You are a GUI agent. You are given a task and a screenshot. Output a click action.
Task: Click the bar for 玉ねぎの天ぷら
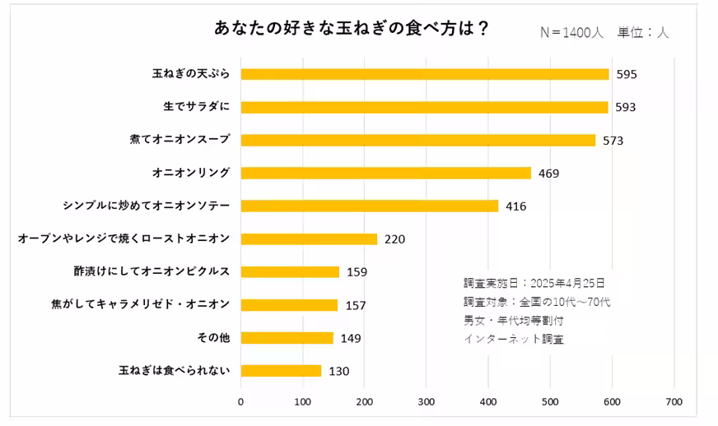pos(424,74)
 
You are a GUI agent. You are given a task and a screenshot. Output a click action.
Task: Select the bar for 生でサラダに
pos(424,107)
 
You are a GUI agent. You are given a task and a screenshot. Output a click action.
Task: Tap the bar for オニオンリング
pos(385,173)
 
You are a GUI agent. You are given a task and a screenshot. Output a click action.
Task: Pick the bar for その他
pos(287,337)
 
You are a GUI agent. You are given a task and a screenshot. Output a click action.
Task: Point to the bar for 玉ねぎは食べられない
pos(281,370)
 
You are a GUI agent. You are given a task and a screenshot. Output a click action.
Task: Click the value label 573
pos(613,141)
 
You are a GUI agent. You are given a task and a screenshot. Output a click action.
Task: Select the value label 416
pos(515,206)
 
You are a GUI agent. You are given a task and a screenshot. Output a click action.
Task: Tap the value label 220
pos(394,239)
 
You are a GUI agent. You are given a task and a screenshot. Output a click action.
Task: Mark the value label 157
pos(355,305)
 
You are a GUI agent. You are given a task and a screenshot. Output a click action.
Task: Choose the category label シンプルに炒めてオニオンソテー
pos(147,206)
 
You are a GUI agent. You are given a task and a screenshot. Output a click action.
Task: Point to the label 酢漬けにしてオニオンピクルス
pos(152,271)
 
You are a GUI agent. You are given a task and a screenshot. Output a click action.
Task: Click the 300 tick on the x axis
pos(427,402)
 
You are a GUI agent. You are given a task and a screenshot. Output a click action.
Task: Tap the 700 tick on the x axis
pos(674,402)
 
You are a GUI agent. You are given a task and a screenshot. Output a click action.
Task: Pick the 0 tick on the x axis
pos(240,402)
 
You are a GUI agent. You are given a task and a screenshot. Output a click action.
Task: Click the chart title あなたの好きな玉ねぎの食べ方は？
pos(352,28)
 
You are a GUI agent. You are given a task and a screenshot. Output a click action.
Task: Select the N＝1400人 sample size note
pos(571,32)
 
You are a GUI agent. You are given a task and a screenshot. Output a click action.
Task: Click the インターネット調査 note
pos(514,338)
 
